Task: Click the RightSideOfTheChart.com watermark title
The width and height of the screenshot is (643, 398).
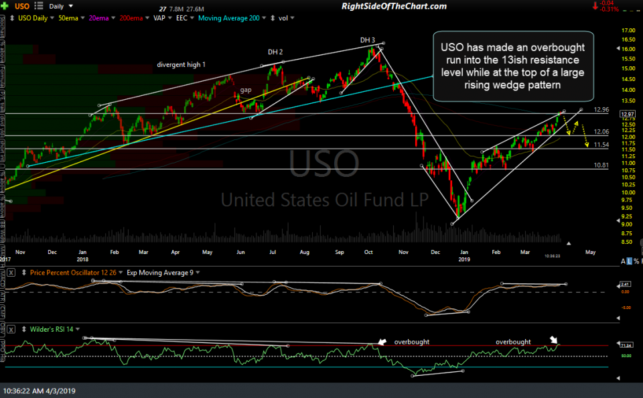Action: [394, 6]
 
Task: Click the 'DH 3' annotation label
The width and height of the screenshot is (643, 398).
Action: [368, 40]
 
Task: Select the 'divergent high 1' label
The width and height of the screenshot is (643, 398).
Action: [182, 64]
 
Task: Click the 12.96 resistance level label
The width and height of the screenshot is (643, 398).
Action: [601, 109]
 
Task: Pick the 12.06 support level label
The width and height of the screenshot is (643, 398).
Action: [601, 132]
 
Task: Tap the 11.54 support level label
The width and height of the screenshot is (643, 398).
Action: [601, 145]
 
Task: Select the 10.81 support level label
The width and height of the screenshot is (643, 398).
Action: [601, 165]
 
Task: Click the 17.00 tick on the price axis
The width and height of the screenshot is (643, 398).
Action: [628, 31]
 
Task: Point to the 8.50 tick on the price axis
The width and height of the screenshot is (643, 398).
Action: [628, 242]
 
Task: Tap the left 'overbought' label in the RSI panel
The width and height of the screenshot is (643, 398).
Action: [412, 342]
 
